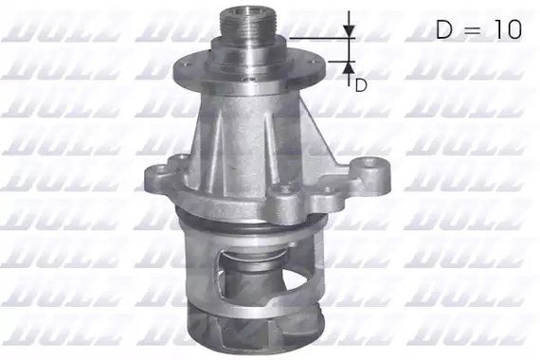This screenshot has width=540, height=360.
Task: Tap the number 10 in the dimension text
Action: pos(509,29)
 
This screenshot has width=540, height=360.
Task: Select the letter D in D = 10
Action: pos(444,29)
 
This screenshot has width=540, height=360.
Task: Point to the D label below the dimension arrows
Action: pos(361,85)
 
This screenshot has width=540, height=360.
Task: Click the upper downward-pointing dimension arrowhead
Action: pos(350,31)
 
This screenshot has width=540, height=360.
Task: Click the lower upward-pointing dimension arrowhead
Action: pos(349,67)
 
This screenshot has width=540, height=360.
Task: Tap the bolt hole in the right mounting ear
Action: pos(370,162)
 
